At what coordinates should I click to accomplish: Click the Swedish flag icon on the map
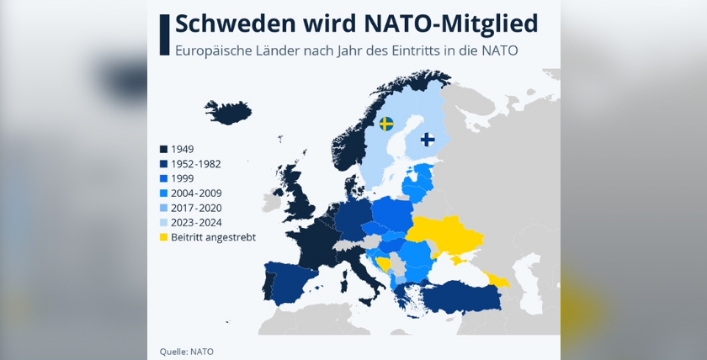click(x=386, y=124)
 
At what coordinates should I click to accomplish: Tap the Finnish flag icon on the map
click(x=428, y=139)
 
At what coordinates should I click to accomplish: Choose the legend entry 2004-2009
click(x=195, y=193)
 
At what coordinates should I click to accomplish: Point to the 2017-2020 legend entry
click(x=195, y=208)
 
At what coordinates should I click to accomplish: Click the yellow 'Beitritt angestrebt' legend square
click(x=163, y=237)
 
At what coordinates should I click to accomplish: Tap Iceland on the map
click(x=228, y=112)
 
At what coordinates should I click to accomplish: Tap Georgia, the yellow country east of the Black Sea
click(x=497, y=280)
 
